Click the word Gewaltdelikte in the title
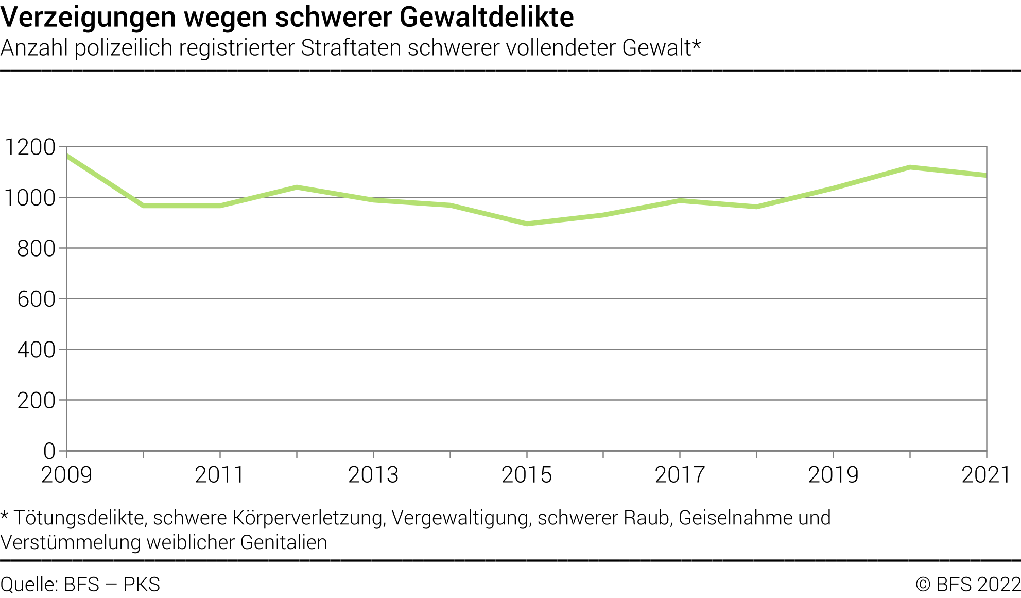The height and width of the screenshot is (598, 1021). (x=487, y=17)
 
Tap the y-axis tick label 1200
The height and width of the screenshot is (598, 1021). (x=30, y=147)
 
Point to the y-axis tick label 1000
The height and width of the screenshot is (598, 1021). (x=30, y=198)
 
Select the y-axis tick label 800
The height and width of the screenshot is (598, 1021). (x=36, y=249)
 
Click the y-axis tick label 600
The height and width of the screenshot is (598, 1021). (x=36, y=299)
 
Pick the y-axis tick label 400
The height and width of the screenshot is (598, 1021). (x=36, y=350)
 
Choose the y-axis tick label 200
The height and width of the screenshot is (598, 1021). (x=36, y=401)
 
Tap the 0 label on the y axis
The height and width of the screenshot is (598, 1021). (x=49, y=451)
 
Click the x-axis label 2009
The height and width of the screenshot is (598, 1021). (x=66, y=475)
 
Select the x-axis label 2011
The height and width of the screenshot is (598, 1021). (x=220, y=475)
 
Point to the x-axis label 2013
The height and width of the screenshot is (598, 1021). (x=373, y=475)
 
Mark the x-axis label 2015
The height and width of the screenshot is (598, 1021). (x=527, y=475)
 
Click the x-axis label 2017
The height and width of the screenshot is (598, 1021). (x=680, y=475)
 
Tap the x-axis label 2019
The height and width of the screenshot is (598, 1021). (x=833, y=475)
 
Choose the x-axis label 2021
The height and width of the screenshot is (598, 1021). (x=985, y=475)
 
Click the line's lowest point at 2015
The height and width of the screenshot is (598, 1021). (x=527, y=224)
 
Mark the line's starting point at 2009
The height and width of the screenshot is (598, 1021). (x=67, y=156)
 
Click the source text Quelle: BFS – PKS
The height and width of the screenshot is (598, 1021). (x=80, y=585)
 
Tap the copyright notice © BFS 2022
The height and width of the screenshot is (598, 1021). (x=968, y=585)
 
